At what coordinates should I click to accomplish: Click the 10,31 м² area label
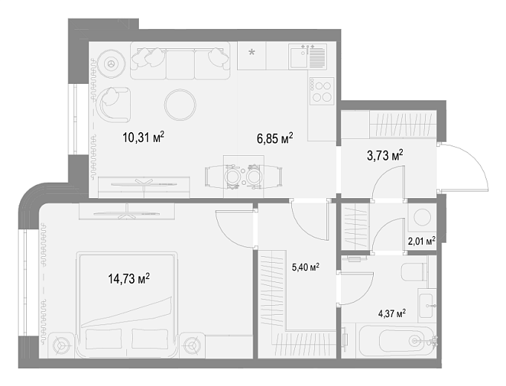[x=143, y=137]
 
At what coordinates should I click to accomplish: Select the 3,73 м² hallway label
[x=385, y=155]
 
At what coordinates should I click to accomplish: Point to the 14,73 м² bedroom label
[x=129, y=278]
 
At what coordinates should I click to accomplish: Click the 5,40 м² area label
[x=305, y=267]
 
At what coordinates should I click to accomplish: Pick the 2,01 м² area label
[x=421, y=241]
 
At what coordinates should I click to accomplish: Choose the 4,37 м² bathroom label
[x=392, y=313]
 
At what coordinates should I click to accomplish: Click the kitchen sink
[x=308, y=56]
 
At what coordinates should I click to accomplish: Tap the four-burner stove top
[x=321, y=91]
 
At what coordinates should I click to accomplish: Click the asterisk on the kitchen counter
[x=251, y=52]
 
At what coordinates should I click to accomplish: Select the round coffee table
[x=180, y=105]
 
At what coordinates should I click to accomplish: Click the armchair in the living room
[x=114, y=104]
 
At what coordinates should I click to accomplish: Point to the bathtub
[x=396, y=341]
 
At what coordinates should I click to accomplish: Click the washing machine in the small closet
[x=422, y=217]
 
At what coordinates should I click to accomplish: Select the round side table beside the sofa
[x=111, y=63]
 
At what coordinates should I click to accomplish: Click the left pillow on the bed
[x=104, y=339]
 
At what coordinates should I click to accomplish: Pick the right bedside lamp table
[x=192, y=345]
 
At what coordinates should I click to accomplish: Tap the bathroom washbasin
[x=427, y=305]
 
